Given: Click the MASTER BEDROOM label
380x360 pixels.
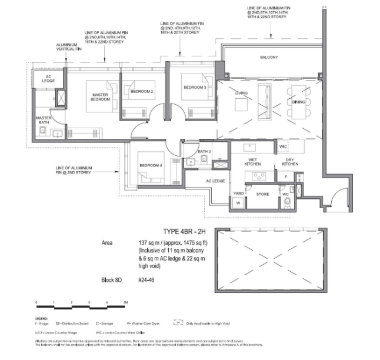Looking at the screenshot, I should pos(101,96).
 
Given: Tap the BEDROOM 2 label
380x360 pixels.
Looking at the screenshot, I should pos(142,92).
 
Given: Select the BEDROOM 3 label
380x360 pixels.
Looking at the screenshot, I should pos(195,88).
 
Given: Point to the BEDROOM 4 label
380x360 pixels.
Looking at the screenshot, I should pos(151,165).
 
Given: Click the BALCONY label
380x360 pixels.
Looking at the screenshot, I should pos(269,57).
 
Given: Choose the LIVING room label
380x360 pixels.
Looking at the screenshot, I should pos(242,93).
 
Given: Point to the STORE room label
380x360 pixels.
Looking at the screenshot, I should pos(263,193).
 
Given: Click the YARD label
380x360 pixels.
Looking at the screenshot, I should pos(239,192).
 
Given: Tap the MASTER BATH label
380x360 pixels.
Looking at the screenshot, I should pos(44,120).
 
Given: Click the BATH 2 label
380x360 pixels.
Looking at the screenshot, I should pos(205,152).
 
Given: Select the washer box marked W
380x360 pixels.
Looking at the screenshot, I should pos(239,203).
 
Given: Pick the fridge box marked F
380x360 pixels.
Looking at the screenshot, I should pos(285,176).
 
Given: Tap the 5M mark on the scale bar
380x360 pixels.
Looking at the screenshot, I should pos(125,303).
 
